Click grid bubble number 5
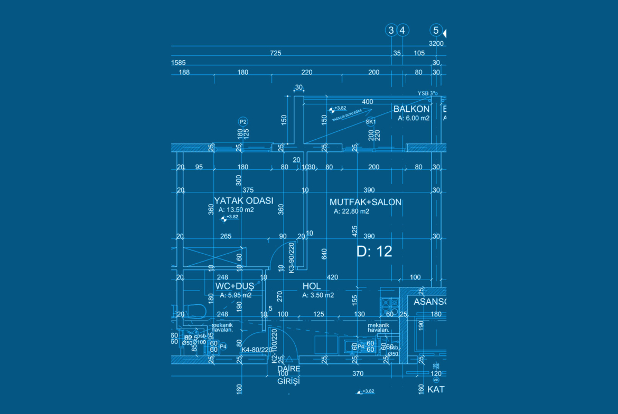tap(436, 30)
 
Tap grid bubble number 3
tap(391, 30)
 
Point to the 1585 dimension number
tap(179, 63)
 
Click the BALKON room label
tap(411, 109)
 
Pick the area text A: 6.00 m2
tap(414, 118)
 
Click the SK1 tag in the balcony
tap(370, 122)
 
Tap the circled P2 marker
tap(243, 122)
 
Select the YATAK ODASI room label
tap(244, 201)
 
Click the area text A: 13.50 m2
tap(236, 209)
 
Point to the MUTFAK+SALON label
tap(366, 202)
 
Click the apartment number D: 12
tap(374, 252)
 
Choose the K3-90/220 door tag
tap(291, 257)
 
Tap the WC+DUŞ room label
tap(235, 286)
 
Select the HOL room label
tap(311, 286)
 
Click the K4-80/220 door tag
tap(256, 350)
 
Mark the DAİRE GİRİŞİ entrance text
tap(288, 374)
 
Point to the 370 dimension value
tap(358, 373)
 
